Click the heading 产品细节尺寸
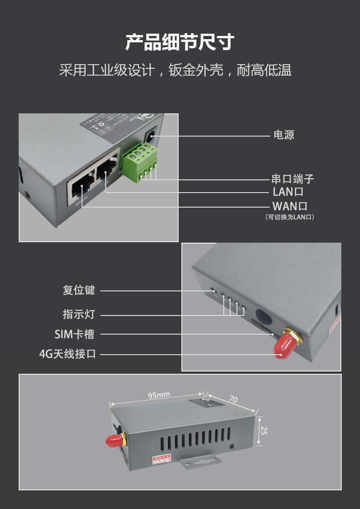pos(180,42)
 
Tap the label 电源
pos(283,135)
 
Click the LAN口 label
pos(288,192)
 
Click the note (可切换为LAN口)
pos(290,217)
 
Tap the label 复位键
pos(78,290)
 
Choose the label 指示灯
pos(78,314)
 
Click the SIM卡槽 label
pos(74,334)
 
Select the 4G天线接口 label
pos(68,353)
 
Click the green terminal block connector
pos(139,162)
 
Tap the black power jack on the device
pos(150,135)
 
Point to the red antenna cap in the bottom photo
pos(115,440)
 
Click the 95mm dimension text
pos(159,395)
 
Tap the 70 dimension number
pos(233,399)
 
